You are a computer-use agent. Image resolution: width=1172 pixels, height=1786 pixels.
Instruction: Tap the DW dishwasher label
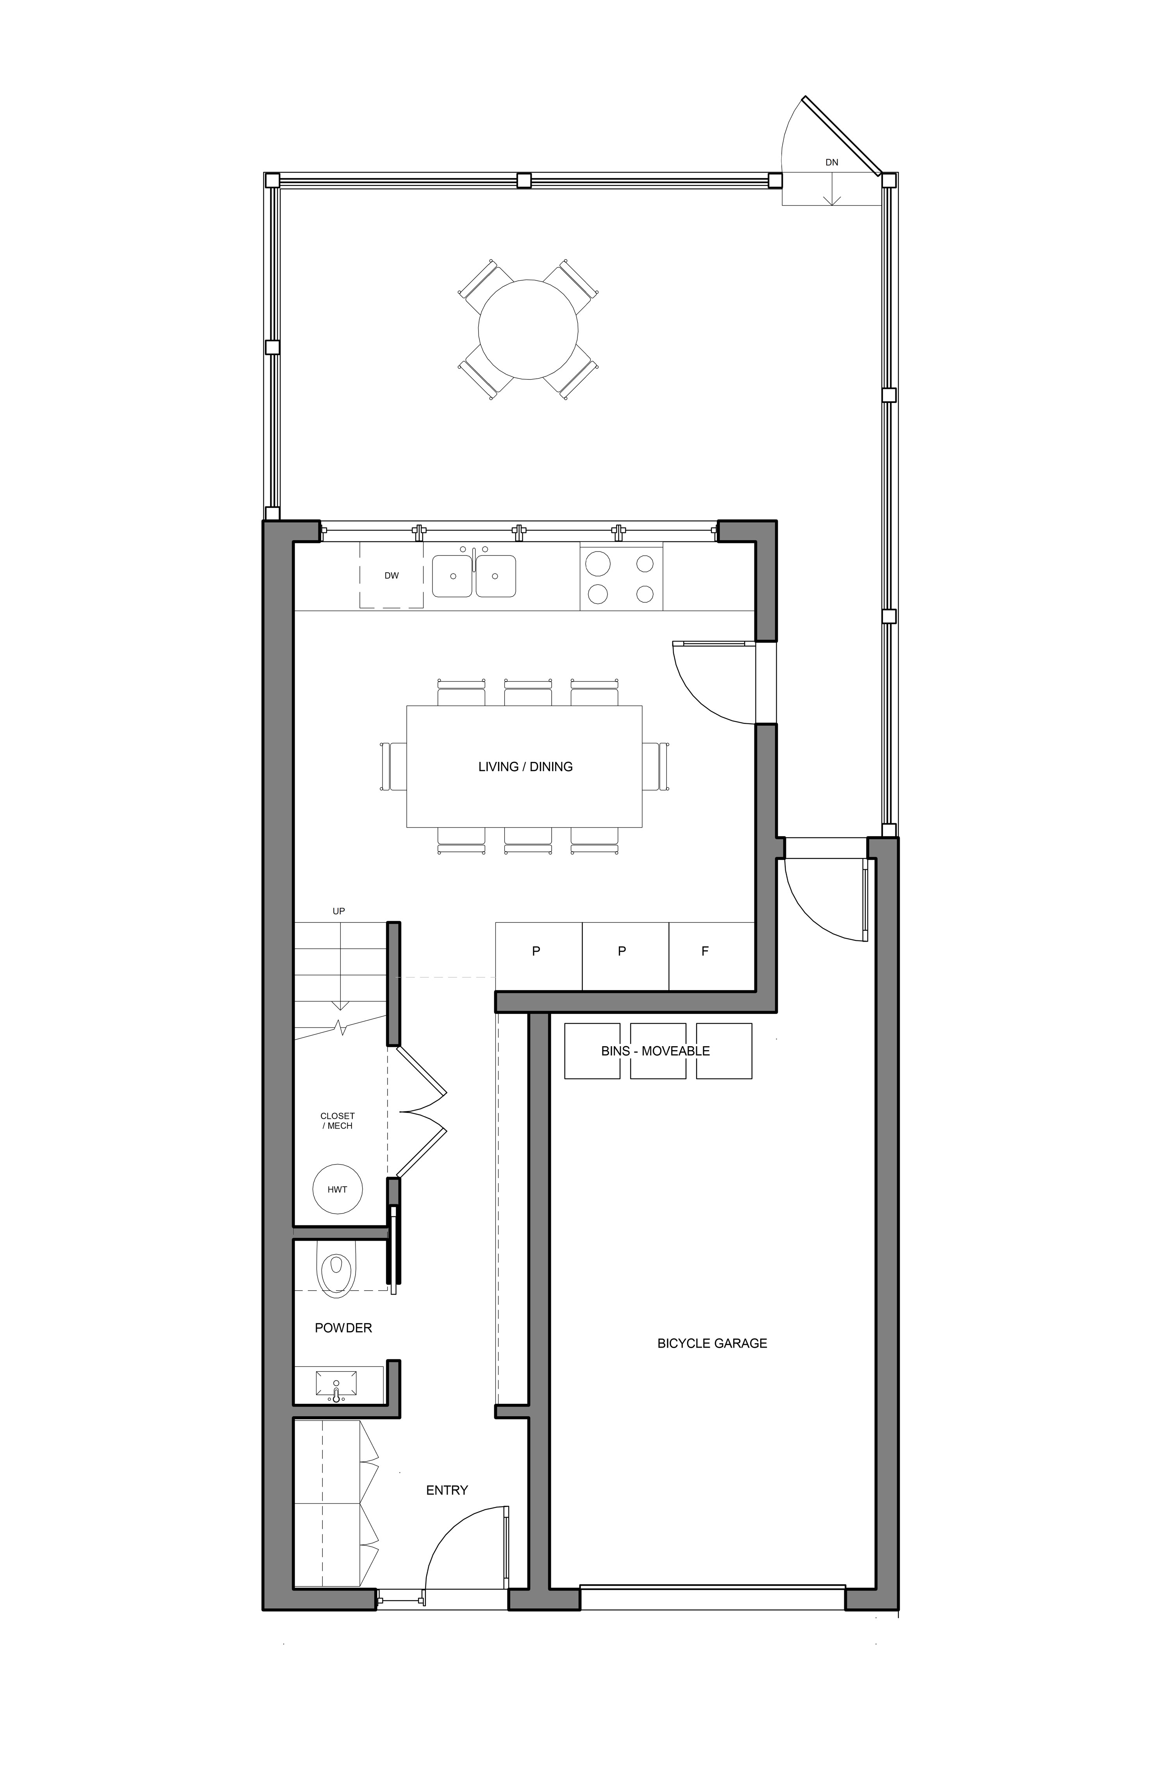[391, 575]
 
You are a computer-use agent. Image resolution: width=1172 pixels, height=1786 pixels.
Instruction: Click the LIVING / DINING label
[525, 766]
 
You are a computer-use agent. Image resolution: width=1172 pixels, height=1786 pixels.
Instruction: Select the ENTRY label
[447, 1490]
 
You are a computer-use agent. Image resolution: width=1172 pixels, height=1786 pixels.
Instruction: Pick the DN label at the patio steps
[832, 162]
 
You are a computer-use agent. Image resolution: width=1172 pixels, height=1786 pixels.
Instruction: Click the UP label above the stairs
[339, 911]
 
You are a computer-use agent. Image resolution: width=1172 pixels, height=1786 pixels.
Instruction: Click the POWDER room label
[343, 1327]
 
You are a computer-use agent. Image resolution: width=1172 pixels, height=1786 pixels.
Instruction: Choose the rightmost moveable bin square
[724, 1051]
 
